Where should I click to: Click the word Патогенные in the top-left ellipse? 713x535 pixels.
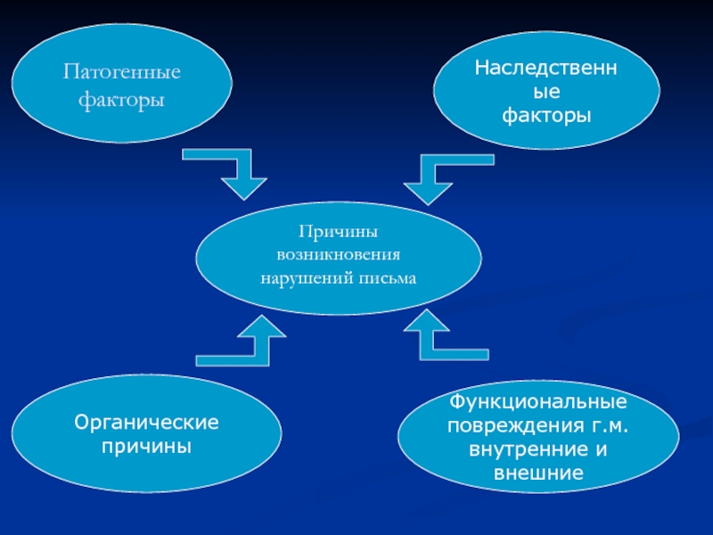tap(121, 70)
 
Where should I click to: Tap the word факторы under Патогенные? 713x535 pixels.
tap(121, 100)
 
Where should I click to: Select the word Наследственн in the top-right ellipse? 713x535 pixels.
tap(546, 68)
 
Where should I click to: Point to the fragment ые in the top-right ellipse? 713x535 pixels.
tap(546, 91)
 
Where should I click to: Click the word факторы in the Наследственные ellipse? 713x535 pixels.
tap(546, 115)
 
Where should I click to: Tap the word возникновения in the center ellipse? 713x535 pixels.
tap(338, 254)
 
